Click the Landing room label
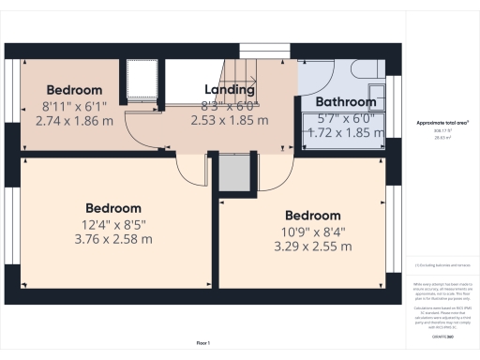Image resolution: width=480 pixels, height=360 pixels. tap(230, 90)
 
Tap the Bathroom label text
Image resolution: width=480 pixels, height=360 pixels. tap(346, 101)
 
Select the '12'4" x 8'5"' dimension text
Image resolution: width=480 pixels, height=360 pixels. tap(113, 224)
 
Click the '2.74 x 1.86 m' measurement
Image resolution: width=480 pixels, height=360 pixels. tap(74, 121)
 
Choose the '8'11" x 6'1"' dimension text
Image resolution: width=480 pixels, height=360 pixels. tap(74, 106)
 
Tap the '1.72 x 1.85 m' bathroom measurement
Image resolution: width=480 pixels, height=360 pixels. tap(346, 134)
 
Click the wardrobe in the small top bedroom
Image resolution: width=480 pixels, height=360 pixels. tap(142, 82)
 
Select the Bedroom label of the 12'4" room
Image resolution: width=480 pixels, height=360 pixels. tap(113, 208)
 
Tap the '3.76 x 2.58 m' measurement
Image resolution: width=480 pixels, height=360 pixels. tap(113, 239)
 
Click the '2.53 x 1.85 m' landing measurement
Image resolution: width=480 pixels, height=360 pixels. tap(230, 120)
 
